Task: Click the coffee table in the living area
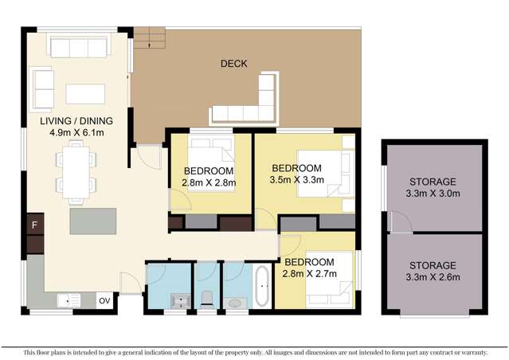click(x=85, y=93)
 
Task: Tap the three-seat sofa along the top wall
click(x=78, y=48)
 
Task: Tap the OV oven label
click(x=104, y=300)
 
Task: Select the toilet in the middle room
click(x=206, y=298)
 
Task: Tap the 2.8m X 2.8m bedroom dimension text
click(x=208, y=183)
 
